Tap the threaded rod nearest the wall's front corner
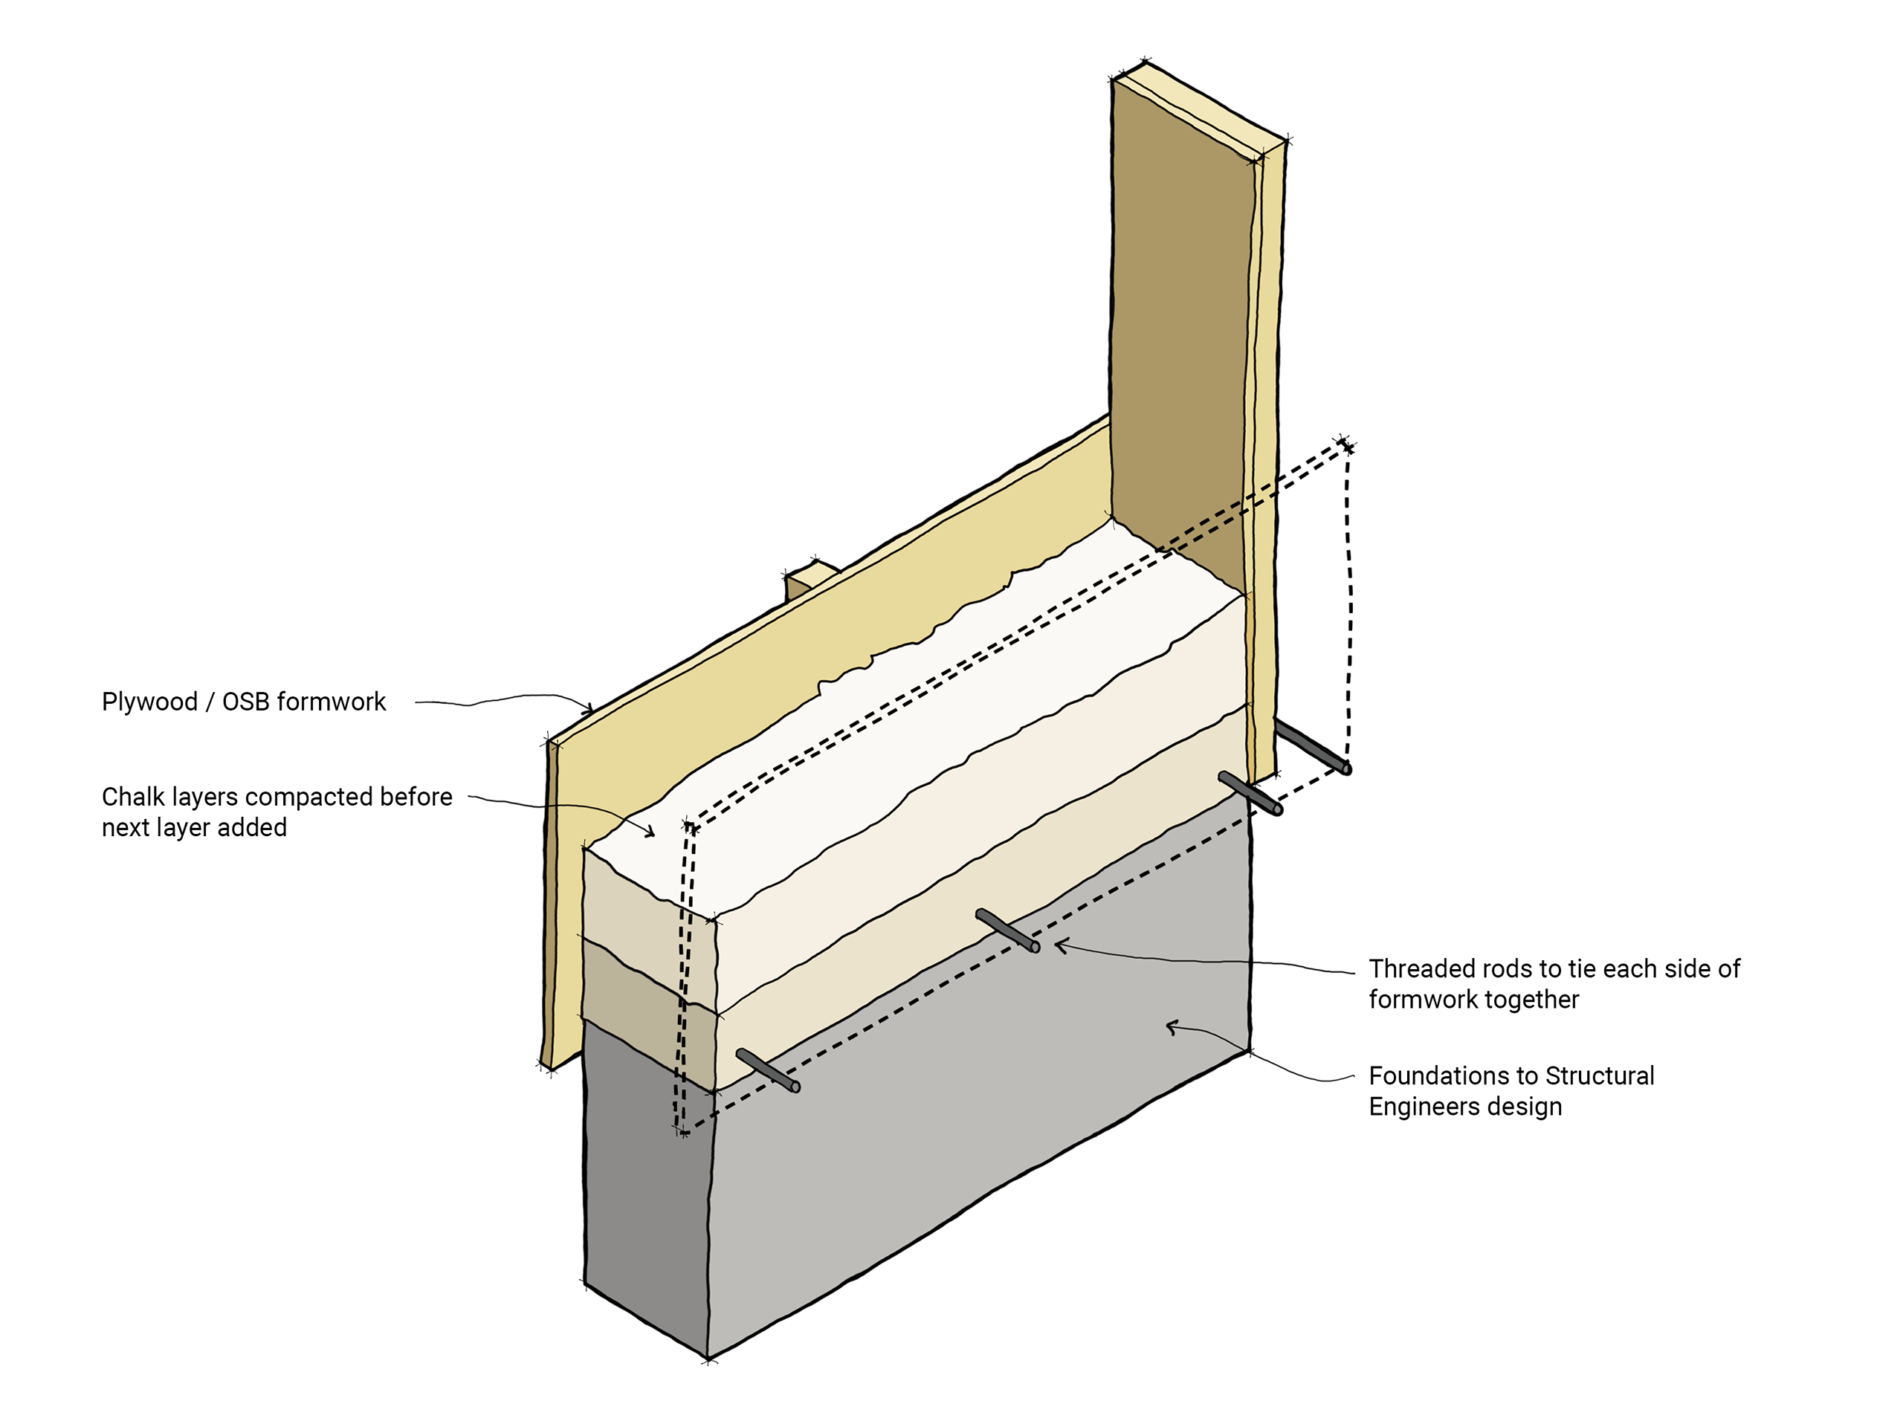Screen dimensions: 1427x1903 (x=768, y=1071)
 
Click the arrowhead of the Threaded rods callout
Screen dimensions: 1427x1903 (x=1060, y=946)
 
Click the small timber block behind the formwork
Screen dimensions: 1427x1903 (x=807, y=578)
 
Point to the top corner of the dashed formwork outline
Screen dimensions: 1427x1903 (x=1345, y=444)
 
